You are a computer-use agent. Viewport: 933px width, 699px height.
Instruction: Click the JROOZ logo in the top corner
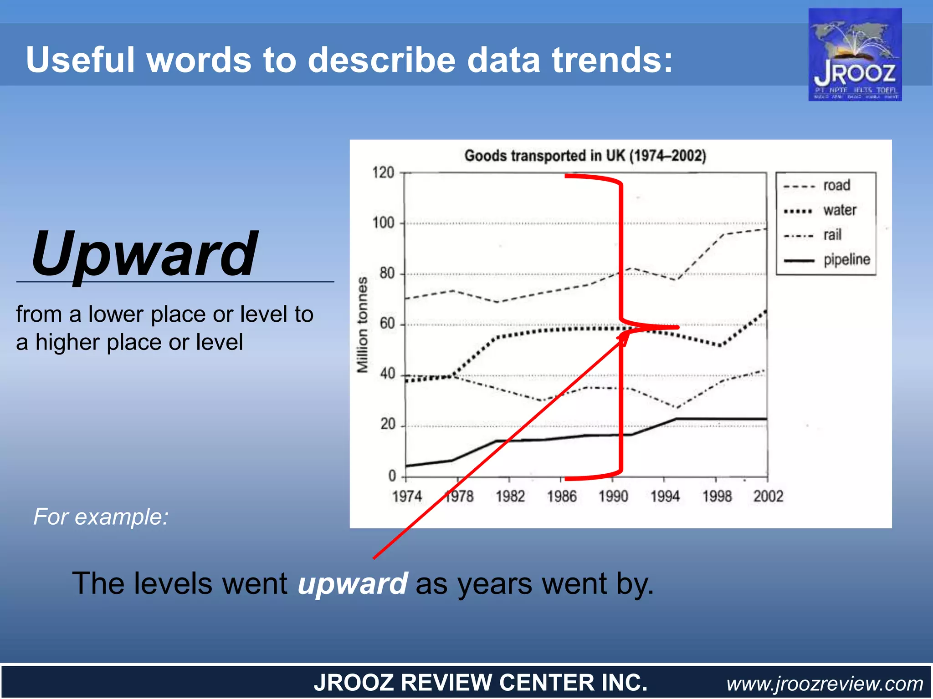855,55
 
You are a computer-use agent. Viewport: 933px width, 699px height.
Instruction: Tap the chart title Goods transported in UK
585,156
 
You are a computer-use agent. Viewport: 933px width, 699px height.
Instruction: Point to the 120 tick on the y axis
383,172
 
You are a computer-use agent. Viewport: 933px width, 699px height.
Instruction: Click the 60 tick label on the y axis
387,324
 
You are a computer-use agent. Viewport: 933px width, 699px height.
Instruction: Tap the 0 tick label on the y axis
392,476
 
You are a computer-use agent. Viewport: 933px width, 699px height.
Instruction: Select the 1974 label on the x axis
407,496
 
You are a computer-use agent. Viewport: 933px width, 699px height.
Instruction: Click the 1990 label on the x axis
613,496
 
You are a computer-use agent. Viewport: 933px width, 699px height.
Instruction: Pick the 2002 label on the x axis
768,496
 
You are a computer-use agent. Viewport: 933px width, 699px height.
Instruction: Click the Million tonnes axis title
362,324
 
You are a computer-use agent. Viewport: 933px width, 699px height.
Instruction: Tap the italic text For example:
101,517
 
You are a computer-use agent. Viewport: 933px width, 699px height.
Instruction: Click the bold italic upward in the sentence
352,583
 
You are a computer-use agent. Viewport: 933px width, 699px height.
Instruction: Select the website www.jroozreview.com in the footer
825,683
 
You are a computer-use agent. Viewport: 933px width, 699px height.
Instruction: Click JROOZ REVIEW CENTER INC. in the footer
481,683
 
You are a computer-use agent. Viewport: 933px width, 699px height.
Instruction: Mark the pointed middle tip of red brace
678,327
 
